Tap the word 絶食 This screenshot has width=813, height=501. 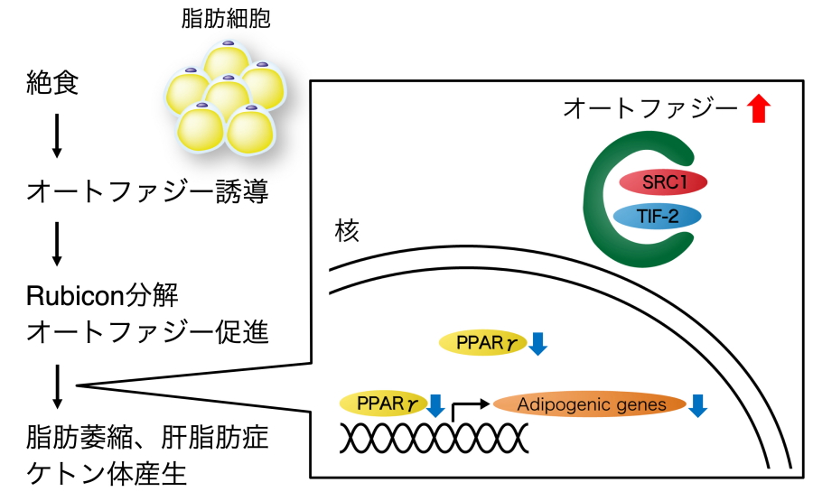[53, 86]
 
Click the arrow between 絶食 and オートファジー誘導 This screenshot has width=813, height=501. [56, 136]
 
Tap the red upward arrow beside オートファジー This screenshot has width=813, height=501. [759, 109]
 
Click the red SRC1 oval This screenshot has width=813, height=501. [662, 181]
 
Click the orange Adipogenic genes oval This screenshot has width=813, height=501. [591, 405]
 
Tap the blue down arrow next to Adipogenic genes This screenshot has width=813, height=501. [697, 405]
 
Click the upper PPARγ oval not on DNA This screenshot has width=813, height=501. [480, 343]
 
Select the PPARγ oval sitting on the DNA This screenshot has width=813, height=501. [381, 403]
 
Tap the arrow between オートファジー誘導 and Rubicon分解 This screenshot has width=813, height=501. [56, 244]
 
